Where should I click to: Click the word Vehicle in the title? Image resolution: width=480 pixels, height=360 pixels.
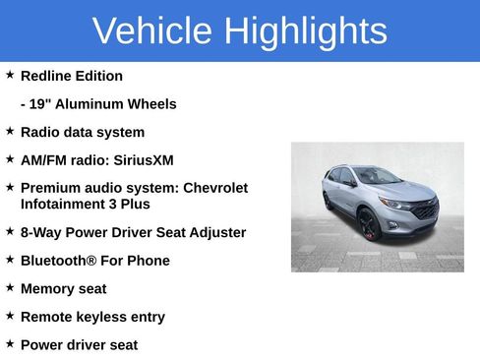coord(152,31)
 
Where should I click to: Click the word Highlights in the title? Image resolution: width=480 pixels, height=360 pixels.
coord(305,31)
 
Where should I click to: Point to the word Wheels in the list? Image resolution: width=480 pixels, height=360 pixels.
coord(150,104)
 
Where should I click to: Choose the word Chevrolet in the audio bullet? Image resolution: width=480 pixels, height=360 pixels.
coord(215,188)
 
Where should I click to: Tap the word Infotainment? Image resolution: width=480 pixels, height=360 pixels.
coord(67,204)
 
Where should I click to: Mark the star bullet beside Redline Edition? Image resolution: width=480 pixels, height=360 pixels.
coord(10,75)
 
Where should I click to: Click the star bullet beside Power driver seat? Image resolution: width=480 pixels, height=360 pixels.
coord(10,344)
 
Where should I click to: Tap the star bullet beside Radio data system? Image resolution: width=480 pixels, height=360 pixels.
coord(10,131)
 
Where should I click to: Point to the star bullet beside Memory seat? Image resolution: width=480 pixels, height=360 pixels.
coord(10,288)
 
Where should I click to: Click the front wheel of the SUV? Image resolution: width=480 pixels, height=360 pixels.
coord(369,225)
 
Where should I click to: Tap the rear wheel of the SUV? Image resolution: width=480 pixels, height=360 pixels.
coord(329,202)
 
